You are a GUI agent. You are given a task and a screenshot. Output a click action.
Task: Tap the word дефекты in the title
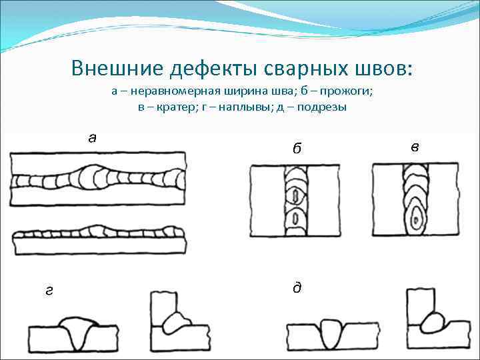point(202,69)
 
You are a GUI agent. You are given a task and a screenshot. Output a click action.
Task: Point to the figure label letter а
point(93,138)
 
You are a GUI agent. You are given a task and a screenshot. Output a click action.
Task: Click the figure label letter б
point(296,148)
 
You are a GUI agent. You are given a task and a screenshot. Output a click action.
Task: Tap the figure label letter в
point(415,147)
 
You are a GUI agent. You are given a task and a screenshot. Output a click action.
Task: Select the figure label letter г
point(48,290)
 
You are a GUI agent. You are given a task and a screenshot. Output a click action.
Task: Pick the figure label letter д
point(297,287)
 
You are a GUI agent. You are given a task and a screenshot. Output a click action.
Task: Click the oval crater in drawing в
point(417,217)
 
